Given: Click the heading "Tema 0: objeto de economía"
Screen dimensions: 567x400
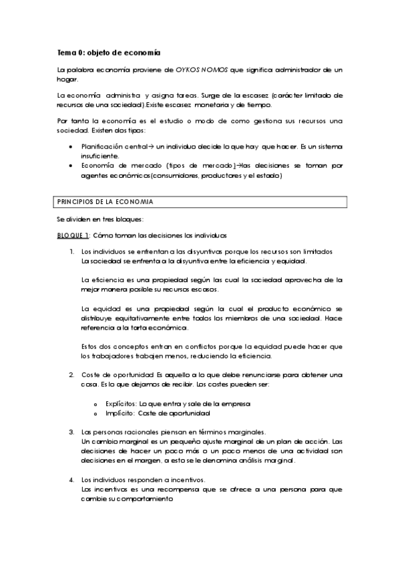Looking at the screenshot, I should tap(108, 52).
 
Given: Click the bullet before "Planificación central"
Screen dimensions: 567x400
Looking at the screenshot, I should tap(72, 145).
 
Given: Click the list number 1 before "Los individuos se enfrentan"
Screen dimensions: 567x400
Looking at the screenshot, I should tap(71, 251).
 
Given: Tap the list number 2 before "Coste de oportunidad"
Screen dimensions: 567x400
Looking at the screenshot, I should tap(71, 374).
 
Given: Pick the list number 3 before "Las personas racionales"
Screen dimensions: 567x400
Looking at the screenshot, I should tap(71, 432).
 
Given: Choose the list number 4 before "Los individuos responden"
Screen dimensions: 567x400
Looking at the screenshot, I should tap(71, 480).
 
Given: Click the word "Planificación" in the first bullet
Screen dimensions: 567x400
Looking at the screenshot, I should tap(104, 145).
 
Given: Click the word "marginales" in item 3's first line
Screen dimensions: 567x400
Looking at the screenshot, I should tap(246, 432).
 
